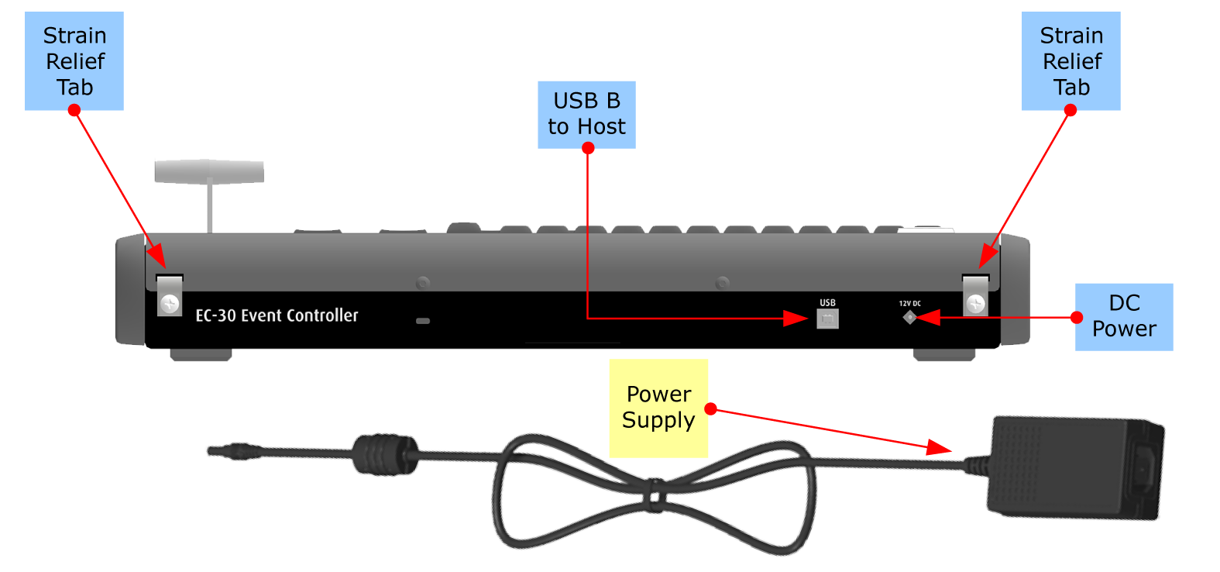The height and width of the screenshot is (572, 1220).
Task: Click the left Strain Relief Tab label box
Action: [x=74, y=61]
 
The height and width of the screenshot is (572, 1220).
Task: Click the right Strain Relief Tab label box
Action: [x=1071, y=61]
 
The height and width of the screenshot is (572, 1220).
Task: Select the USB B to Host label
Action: [x=586, y=115]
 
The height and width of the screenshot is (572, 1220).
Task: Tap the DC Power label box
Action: [x=1124, y=317]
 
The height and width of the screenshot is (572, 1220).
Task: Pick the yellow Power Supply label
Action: [x=658, y=408]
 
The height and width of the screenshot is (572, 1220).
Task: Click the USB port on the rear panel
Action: [x=827, y=319]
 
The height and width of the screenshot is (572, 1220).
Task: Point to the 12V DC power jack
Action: [x=909, y=317]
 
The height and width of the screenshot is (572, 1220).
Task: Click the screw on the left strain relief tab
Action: [x=170, y=303]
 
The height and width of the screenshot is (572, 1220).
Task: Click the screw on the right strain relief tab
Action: [x=975, y=303]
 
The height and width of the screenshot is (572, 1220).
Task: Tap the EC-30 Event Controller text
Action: [x=277, y=315]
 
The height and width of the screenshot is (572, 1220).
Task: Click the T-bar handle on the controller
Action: [x=210, y=185]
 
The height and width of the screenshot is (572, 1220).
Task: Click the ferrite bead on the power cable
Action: [x=384, y=453]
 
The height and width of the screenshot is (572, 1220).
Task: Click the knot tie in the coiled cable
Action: [x=655, y=495]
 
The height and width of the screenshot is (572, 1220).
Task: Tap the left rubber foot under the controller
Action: [x=201, y=355]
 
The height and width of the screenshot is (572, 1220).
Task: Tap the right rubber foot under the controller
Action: [x=944, y=355]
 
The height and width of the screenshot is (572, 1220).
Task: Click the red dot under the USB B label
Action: [x=588, y=148]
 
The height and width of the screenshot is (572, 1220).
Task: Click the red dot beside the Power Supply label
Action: [x=710, y=408]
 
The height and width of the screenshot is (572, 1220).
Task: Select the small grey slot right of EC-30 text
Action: [x=423, y=321]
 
